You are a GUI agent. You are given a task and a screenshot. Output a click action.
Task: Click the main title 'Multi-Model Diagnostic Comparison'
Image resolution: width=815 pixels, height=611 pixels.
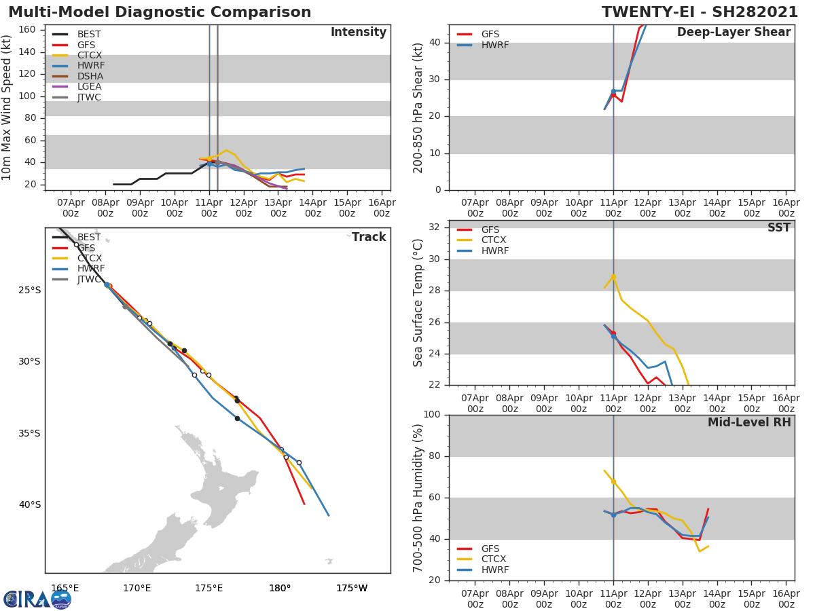(160, 12)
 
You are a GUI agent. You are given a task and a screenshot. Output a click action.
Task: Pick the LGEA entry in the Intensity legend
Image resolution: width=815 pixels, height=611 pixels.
(89, 87)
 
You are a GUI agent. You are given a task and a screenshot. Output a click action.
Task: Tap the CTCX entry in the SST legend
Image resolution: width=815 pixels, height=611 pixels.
(493, 240)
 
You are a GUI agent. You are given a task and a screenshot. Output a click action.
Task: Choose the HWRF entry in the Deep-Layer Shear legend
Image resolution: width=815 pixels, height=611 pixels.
(494, 45)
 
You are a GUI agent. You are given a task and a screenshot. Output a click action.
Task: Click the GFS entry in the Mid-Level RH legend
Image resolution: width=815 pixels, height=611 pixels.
(490, 549)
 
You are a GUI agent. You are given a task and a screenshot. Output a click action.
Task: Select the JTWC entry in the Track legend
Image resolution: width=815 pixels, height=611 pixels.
(89, 279)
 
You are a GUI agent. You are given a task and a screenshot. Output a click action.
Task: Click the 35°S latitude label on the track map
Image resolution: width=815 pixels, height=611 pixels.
(29, 433)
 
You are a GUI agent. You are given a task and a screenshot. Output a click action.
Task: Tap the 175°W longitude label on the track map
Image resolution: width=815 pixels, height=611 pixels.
(352, 588)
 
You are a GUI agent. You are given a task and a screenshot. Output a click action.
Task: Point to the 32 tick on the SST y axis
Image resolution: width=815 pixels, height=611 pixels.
(434, 227)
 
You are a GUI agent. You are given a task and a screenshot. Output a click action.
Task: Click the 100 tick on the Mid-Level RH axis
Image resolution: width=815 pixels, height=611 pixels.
(431, 414)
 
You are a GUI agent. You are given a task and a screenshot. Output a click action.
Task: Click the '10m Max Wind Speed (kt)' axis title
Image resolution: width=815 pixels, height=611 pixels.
(7, 107)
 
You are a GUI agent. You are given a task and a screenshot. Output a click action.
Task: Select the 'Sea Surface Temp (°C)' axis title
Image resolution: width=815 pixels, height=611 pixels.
(418, 302)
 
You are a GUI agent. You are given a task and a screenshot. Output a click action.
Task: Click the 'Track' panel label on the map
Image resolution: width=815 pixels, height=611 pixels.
(369, 238)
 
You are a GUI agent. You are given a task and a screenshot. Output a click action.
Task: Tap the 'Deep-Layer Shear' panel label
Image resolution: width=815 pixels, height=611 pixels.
(733, 33)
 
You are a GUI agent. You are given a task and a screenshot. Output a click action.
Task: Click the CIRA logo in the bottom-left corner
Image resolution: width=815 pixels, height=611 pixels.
(37, 599)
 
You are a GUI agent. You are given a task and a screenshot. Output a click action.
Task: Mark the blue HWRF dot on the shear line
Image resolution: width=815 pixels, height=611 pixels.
(613, 91)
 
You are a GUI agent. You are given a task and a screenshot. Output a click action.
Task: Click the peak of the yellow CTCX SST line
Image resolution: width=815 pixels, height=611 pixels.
(613, 276)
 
